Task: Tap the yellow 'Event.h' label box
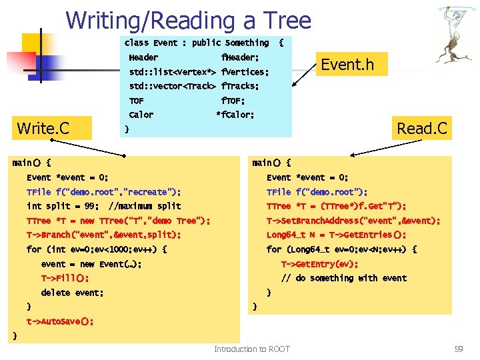[347, 65]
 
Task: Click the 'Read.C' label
[422, 127]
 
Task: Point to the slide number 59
[458, 349]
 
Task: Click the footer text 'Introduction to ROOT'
[252, 349]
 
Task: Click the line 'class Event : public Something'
[197, 43]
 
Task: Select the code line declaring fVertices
[199, 72]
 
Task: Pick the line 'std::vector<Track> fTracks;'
[193, 86]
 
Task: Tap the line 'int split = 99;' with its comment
[103, 206]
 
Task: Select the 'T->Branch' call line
[103, 235]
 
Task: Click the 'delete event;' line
[72, 293]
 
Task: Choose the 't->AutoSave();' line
[59, 321]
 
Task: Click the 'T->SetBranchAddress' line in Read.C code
[353, 221]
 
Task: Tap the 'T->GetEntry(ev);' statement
[319, 263]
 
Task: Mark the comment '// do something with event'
[343, 278]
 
